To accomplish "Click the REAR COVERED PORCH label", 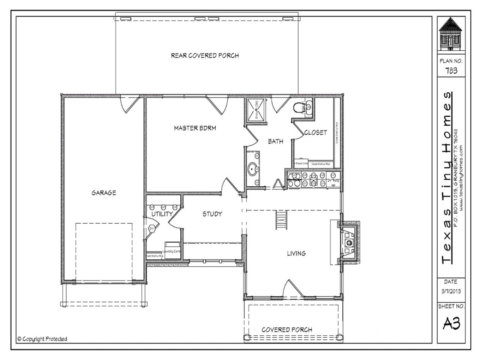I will [x=205, y=55].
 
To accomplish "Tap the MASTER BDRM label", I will [x=195, y=128].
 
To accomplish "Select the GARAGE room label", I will [x=104, y=193].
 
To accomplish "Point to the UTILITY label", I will [x=162, y=214].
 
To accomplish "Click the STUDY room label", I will [x=212, y=214].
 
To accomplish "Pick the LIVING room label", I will [x=296, y=253].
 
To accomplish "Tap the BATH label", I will [x=276, y=141].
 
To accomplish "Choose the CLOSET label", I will [x=315, y=132].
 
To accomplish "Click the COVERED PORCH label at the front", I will [x=287, y=330].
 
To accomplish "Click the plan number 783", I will [x=451, y=70].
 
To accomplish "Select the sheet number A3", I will [x=451, y=324].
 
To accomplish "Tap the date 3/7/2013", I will [x=451, y=291].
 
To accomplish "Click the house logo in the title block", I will [x=451, y=34].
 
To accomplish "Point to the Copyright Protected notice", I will [x=42, y=339].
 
